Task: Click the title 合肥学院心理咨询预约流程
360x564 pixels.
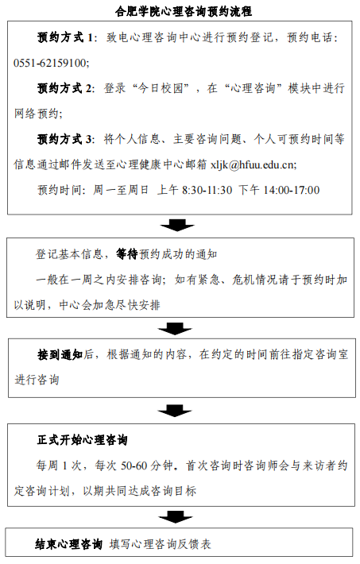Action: [184, 11]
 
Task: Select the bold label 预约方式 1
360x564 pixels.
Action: [65, 37]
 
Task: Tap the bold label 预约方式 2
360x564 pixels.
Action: [65, 88]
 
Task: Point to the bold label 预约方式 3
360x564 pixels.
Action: [65, 139]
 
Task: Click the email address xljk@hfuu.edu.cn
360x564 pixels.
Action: [253, 164]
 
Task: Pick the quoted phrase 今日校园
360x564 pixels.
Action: [161, 88]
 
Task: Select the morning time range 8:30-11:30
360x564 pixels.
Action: [207, 190]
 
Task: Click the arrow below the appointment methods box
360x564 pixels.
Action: [177, 225]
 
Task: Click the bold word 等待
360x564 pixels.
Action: [127, 254]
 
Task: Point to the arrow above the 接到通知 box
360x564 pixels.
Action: [175, 328]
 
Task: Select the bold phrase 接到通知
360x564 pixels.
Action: [60, 354]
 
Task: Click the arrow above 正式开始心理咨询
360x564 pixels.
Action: [175, 411]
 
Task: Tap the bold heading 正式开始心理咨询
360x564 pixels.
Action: [83, 439]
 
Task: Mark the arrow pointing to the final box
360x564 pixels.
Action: [176, 516]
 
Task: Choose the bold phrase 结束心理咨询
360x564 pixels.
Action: [69, 544]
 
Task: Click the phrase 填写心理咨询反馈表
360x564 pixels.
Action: [161, 544]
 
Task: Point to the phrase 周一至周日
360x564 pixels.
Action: [121, 190]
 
